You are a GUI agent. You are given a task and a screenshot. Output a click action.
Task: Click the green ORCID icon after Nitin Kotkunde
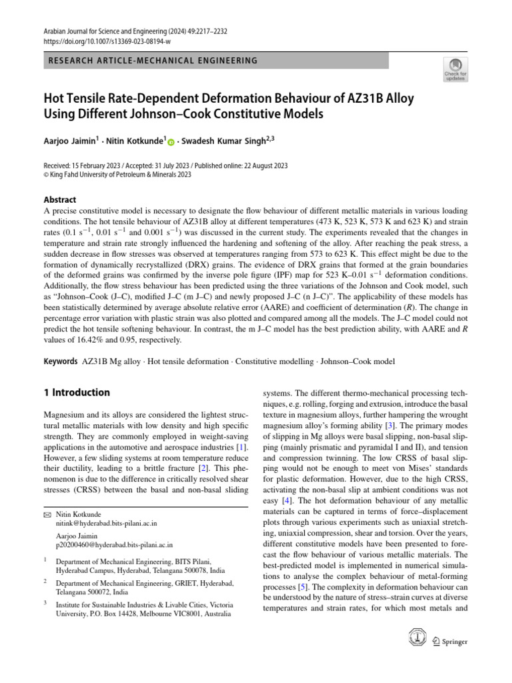pyautogui.click(x=171, y=142)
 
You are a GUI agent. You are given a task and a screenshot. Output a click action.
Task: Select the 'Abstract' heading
pyautogui.click(x=59, y=199)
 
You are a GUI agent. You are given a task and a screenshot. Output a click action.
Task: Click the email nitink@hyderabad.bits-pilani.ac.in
pyautogui.click(x=102, y=524)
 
